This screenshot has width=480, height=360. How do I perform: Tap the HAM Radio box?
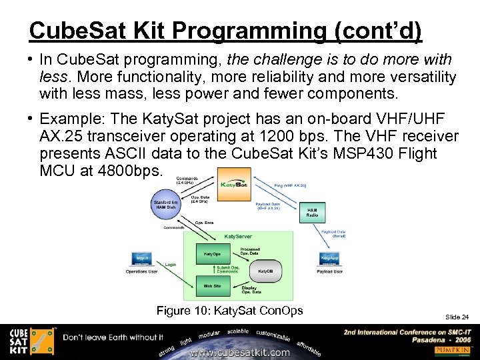click(312, 212)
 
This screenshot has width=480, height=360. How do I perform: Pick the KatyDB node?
click(265, 271)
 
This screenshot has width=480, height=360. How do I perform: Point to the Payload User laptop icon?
click(329, 257)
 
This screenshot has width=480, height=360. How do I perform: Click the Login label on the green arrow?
click(171, 265)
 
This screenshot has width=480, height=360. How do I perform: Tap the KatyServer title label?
click(237, 236)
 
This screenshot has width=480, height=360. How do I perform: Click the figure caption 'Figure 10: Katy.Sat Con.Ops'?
click(229, 311)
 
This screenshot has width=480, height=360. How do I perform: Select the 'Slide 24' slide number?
click(456, 317)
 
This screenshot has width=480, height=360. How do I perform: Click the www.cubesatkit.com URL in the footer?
click(240, 352)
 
